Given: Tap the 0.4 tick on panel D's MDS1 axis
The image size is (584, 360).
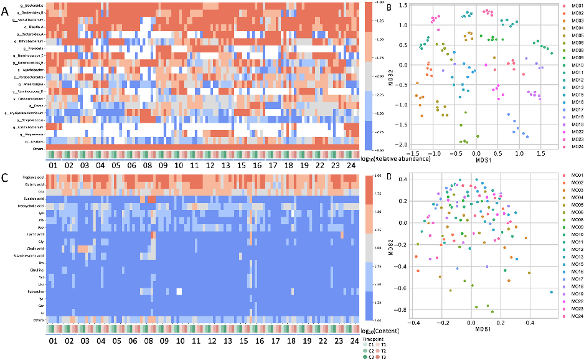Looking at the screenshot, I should (529, 323).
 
